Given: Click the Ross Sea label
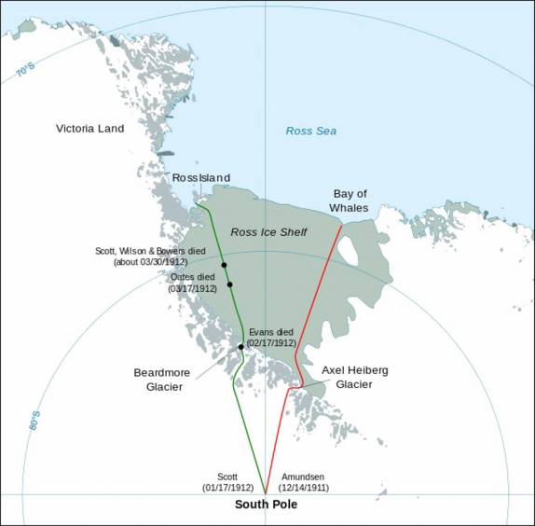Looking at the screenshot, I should point(310,131).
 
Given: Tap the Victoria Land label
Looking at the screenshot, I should point(90,128).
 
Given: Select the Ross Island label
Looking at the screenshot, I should point(201,178).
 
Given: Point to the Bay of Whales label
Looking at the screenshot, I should point(350,201).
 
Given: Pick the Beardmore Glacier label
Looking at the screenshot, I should point(157,380).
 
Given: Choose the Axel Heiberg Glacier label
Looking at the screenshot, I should point(355,377).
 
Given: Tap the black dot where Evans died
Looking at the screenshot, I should point(241,347).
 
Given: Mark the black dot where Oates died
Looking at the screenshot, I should point(229,284).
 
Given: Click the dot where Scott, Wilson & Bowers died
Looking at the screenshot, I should point(225,266).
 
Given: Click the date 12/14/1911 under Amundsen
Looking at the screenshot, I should point(303,488).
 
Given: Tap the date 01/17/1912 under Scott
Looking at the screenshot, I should point(227,488).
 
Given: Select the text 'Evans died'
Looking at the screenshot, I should point(271,332).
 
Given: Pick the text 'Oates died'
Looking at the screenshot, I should point(193,277).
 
